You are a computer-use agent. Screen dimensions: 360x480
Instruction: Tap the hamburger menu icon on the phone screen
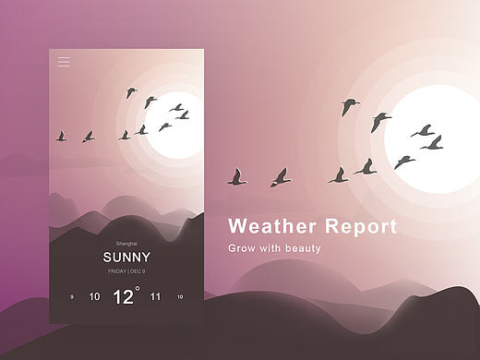tap(64, 62)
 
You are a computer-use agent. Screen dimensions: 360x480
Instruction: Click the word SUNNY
tap(126, 257)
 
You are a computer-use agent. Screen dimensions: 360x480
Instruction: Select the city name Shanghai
tap(126, 242)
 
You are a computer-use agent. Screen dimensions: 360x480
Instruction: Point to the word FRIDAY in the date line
tap(117, 271)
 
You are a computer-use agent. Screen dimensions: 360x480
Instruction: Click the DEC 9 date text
tap(137, 271)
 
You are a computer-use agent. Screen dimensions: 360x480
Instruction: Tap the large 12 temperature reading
tap(123, 296)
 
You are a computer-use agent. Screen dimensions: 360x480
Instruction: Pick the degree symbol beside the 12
tap(138, 289)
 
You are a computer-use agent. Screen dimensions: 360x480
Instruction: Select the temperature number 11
tap(155, 297)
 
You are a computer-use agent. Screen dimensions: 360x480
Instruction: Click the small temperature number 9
tap(71, 297)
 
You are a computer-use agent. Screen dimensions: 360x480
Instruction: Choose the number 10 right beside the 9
tap(94, 297)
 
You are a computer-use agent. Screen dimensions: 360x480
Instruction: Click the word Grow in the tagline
tap(243, 248)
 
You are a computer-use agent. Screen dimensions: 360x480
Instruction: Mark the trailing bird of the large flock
tap(238, 177)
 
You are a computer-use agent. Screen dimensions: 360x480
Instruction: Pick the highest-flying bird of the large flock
tap(350, 106)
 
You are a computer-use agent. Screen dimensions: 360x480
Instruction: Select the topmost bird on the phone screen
tap(131, 92)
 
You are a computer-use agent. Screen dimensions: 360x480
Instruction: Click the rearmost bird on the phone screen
tap(62, 137)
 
